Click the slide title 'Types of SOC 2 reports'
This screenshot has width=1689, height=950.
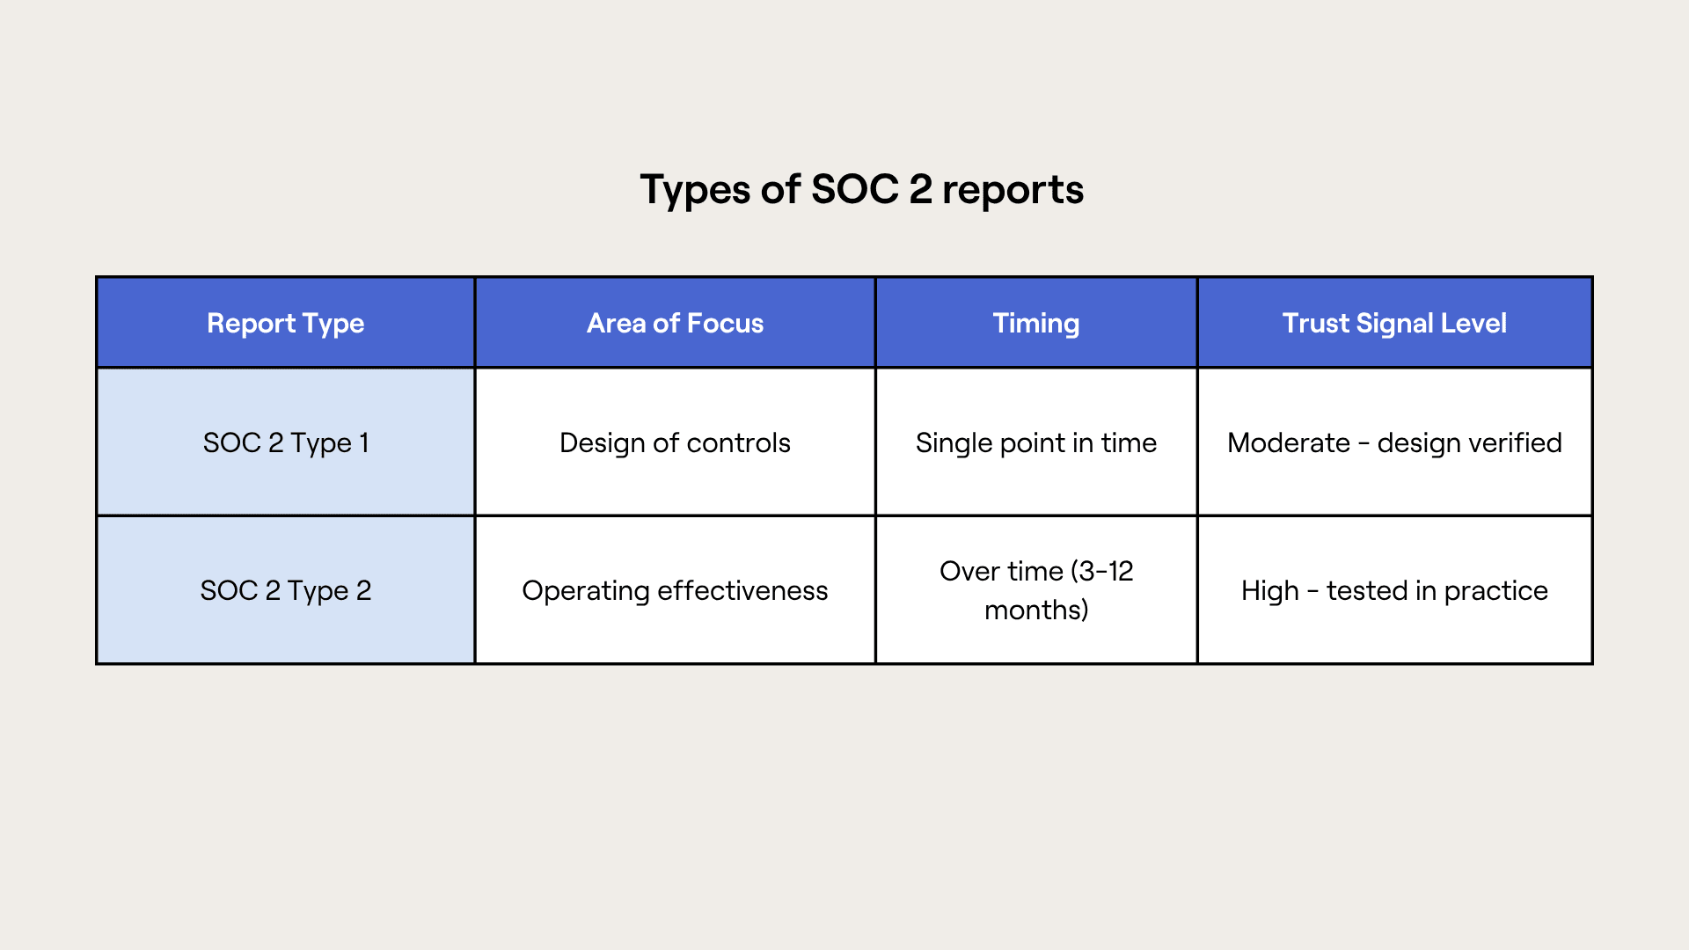(861, 190)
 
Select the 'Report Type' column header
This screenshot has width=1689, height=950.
(286, 324)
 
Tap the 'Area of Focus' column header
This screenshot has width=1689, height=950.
(675, 323)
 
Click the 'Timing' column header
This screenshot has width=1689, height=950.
(1036, 324)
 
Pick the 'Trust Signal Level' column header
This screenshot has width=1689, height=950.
(1394, 324)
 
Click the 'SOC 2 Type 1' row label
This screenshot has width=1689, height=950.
(286, 442)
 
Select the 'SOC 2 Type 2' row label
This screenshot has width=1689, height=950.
(286, 590)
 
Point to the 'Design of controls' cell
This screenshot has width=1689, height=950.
(675, 442)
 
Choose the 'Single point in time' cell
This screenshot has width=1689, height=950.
(1036, 442)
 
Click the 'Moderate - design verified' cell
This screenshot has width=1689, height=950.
(1394, 442)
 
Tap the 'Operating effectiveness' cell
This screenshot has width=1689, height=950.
(675, 590)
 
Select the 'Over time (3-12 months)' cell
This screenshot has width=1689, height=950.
(1036, 590)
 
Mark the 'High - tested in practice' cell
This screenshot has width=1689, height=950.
(1394, 590)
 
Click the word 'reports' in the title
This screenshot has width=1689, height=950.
(1013, 192)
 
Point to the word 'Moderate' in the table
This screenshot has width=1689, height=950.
(1289, 442)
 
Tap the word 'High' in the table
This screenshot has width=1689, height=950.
(1270, 591)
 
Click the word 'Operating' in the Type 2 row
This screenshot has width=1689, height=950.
(586, 591)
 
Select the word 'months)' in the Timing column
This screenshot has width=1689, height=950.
(1036, 610)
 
